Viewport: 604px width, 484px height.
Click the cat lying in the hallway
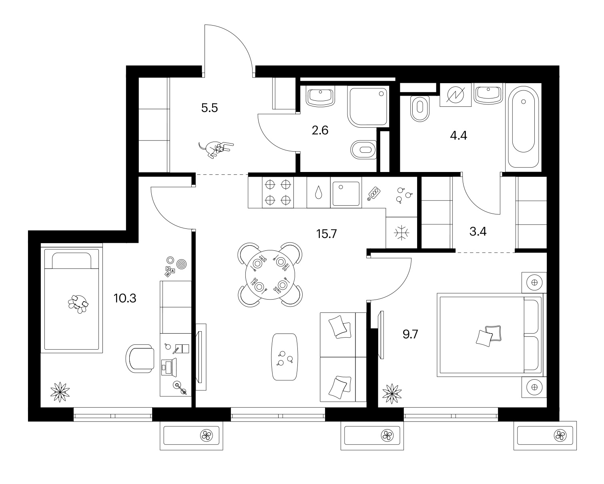216,150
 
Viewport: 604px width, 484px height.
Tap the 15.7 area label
327,234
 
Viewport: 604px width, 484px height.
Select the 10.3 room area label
125,298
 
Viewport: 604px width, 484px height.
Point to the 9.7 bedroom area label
410,334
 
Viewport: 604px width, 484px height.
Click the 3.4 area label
478,232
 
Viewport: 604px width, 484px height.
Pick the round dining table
270,275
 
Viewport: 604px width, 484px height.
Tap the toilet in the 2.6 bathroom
363,150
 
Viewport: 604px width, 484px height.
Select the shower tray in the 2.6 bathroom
368,107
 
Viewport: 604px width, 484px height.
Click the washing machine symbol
455,95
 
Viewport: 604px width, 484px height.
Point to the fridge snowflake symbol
401,233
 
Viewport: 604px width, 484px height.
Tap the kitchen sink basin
346,194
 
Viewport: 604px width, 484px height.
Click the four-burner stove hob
278,192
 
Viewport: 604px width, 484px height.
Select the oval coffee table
285,357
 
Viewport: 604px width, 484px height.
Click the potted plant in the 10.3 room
60,392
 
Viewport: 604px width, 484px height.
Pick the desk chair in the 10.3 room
140,358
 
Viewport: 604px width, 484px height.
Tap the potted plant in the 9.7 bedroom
392,394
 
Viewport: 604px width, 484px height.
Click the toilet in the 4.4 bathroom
420,109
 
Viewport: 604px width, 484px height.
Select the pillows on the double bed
489,336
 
